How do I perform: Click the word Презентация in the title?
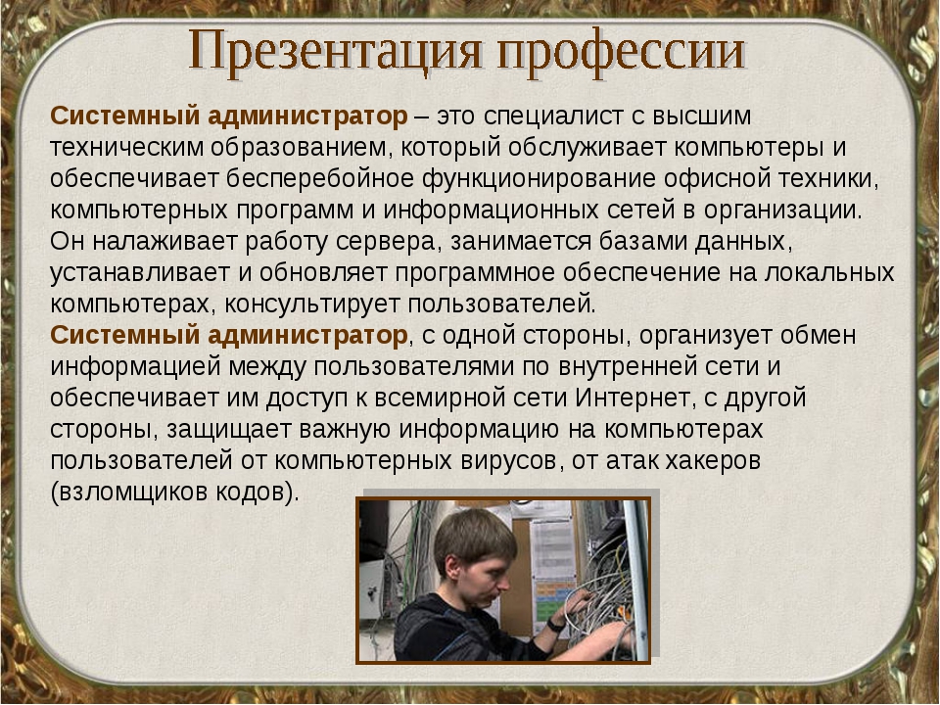(336, 51)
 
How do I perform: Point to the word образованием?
(301, 147)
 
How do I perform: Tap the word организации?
(782, 210)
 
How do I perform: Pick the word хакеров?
(713, 460)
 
